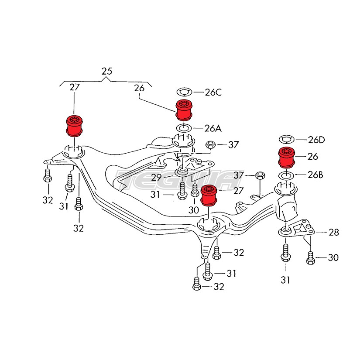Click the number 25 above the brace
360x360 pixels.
tap(106, 71)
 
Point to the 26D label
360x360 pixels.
tap(316, 140)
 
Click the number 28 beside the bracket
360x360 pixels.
tap(333, 233)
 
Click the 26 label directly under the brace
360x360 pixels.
tap(139, 88)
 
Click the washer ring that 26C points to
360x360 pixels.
tap(184, 92)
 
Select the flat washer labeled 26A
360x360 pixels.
tap(183, 128)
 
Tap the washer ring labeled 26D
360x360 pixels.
tap(287, 140)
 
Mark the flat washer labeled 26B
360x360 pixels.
tap(287, 175)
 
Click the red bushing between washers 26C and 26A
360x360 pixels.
tap(184, 110)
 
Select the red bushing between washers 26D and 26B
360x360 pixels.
tap(287, 158)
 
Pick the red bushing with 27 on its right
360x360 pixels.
tap(209, 195)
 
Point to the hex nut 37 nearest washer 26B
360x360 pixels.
tap(259, 175)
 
